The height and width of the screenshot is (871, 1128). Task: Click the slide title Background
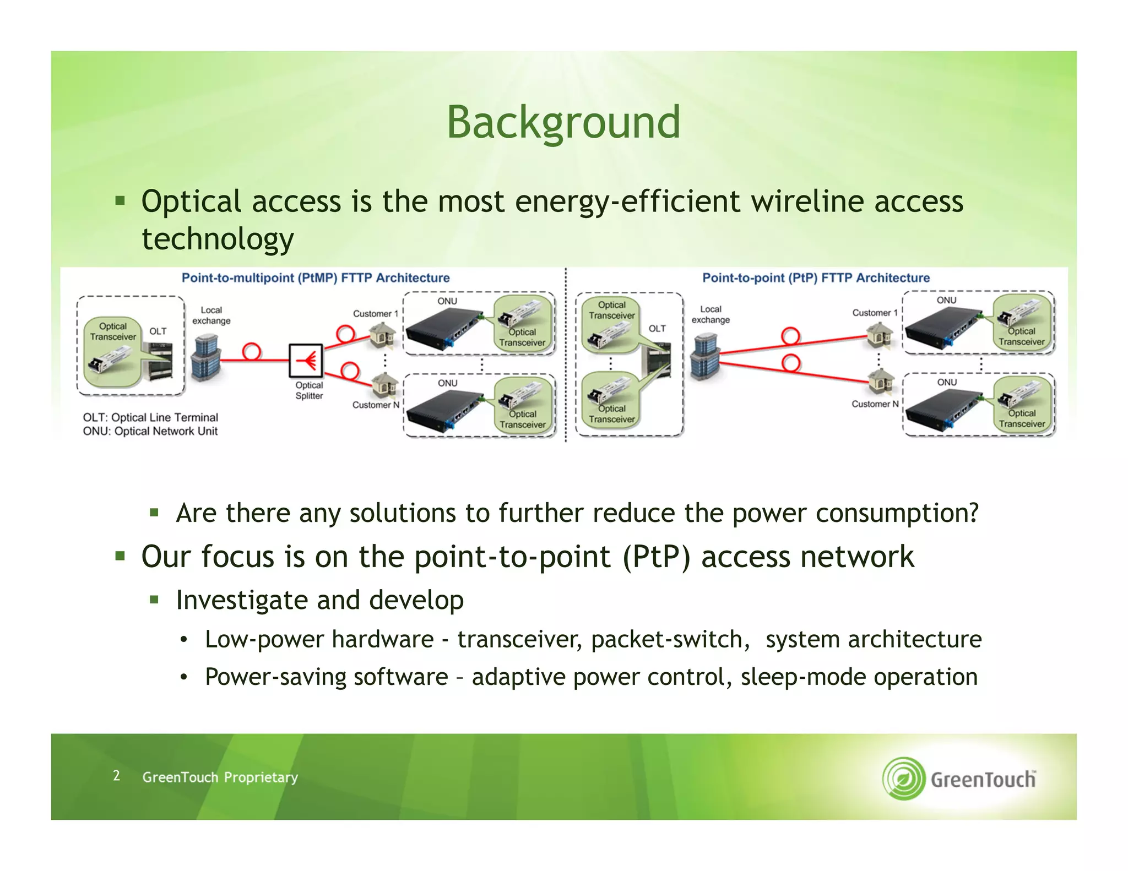pyautogui.click(x=563, y=122)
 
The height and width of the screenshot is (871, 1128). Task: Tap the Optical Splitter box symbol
pyautogui.click(x=306, y=361)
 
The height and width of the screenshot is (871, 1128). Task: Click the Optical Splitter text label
pyautogui.click(x=309, y=390)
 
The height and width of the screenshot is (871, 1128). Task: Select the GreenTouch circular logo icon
pyautogui.click(x=903, y=778)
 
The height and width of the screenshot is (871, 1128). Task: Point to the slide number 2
pyautogui.click(x=116, y=776)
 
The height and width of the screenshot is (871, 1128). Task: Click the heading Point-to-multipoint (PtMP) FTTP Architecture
pyautogui.click(x=316, y=278)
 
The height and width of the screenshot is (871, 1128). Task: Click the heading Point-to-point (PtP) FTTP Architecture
pyautogui.click(x=816, y=278)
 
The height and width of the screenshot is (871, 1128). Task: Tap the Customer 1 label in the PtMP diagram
pyautogui.click(x=375, y=314)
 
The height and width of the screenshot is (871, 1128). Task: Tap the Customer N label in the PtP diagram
pyautogui.click(x=875, y=404)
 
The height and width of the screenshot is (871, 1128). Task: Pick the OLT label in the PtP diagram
pyautogui.click(x=657, y=329)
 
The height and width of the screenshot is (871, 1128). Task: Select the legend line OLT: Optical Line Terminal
pyautogui.click(x=150, y=417)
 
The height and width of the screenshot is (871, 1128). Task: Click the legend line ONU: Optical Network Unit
pyautogui.click(x=150, y=431)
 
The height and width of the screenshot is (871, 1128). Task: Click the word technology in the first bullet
pyautogui.click(x=218, y=239)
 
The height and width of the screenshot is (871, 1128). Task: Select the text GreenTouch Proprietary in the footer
pyautogui.click(x=220, y=777)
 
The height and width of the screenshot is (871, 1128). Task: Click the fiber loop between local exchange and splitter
pyautogui.click(x=251, y=352)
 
